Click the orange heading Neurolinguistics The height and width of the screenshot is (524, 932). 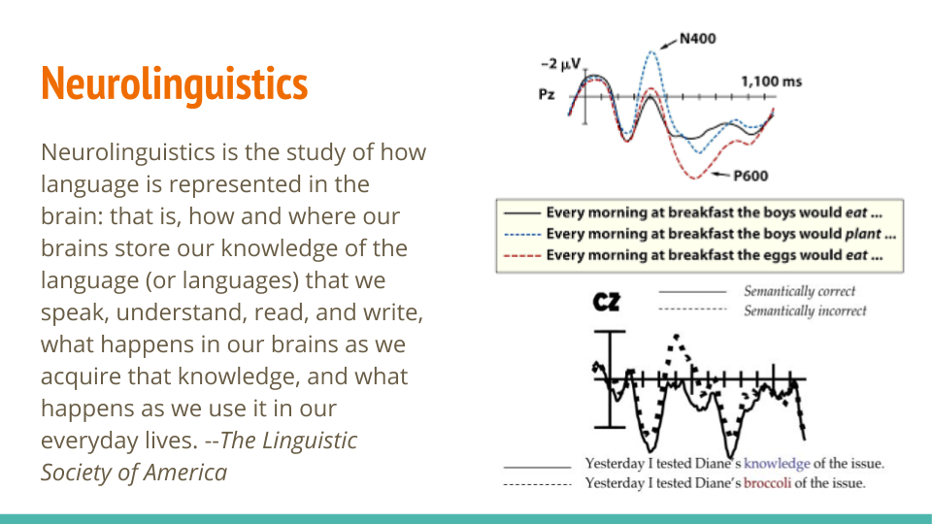coord(174,83)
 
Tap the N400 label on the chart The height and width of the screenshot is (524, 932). coord(698,39)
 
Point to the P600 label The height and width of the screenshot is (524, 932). coord(750,176)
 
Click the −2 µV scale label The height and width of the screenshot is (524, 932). coord(560,64)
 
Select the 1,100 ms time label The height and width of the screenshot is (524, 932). coord(771,82)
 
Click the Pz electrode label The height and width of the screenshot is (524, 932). coord(547,94)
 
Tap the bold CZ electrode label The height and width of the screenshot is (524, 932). coord(606,302)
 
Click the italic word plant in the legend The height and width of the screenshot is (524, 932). coord(863,234)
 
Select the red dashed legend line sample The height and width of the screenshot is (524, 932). coord(522,255)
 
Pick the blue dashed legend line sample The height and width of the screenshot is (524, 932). coord(522,234)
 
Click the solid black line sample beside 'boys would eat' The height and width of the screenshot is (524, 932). coord(522,213)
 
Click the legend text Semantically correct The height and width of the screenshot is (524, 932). coord(799,291)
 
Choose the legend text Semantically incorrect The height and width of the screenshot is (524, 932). coord(805,311)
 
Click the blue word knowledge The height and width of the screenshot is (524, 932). coord(777,464)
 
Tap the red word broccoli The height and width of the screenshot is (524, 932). coord(767,483)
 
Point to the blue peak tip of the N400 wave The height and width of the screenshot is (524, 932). coord(652,51)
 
